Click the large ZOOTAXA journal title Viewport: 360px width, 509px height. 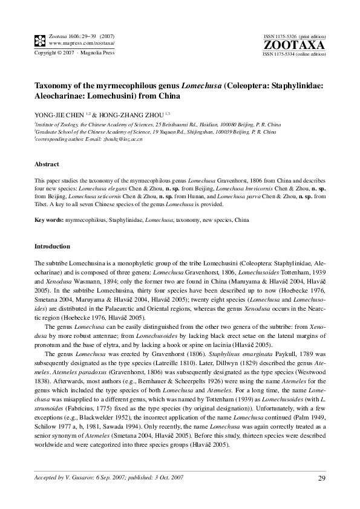294,45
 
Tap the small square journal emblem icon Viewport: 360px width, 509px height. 39,41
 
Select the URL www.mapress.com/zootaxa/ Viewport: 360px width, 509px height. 81,44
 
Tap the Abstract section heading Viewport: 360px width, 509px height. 47,164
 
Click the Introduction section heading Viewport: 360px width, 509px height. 52,247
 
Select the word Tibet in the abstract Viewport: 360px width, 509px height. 41,205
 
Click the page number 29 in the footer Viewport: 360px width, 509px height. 321,479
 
